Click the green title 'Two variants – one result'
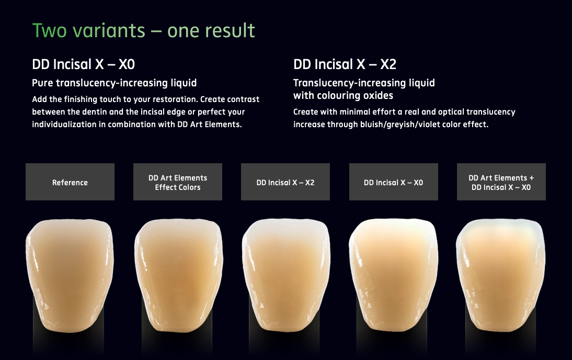tap(143, 30)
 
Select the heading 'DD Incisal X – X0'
tap(84, 64)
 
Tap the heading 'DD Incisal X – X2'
tap(345, 64)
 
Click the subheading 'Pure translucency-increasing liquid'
tap(114, 83)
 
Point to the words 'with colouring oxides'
tap(344, 96)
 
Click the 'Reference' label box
tap(70, 182)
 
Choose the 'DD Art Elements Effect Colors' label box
tap(178, 182)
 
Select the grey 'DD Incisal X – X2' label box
tap(285, 182)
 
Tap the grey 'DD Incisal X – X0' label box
tap(394, 182)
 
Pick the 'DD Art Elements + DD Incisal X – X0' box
tap(501, 182)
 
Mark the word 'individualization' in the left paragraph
tap(64, 125)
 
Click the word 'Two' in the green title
tap(50, 30)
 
